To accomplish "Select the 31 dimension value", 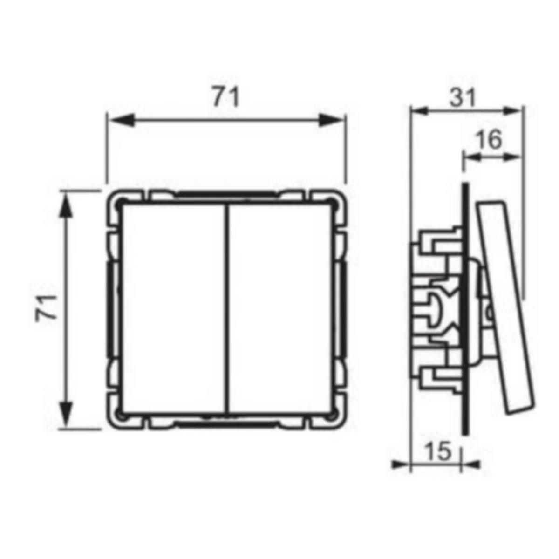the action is (463, 98).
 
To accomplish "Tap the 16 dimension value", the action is (489, 140).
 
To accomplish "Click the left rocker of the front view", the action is (173, 309).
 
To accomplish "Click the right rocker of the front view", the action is (280, 309).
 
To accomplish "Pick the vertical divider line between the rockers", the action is (227, 309).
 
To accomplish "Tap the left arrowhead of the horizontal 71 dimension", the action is (122, 120).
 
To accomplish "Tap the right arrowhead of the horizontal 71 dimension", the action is (331, 120).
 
